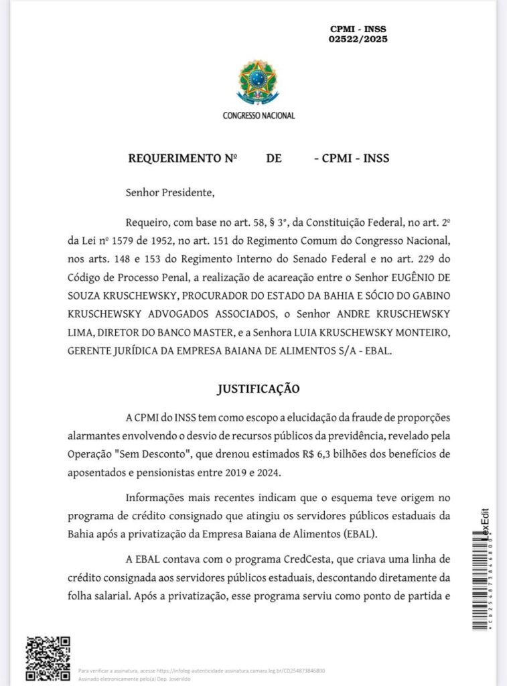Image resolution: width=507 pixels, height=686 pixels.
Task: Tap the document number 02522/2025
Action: pyautogui.click(x=358, y=40)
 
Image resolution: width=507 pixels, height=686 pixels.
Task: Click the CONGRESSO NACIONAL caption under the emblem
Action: pyautogui.click(x=259, y=115)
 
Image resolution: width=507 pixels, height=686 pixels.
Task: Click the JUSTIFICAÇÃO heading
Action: pyautogui.click(x=258, y=389)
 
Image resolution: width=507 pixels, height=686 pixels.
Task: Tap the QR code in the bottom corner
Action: pyautogui.click(x=48, y=658)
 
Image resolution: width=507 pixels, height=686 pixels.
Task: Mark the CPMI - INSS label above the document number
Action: pyautogui.click(x=358, y=29)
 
